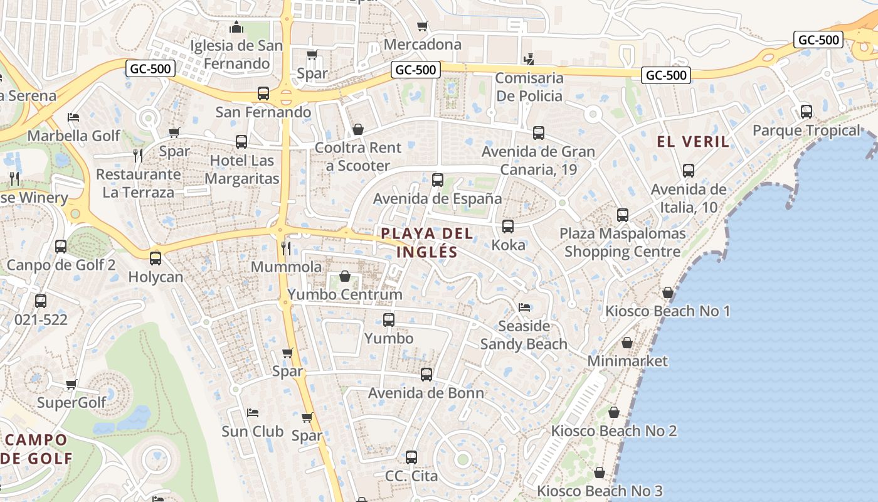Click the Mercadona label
point(422,45)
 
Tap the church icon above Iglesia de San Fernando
point(236,27)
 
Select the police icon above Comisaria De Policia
point(529,60)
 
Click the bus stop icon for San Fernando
point(263,93)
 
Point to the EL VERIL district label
point(693,142)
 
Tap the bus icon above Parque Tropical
point(807,112)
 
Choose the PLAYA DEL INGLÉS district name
point(427,243)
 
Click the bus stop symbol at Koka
point(508,226)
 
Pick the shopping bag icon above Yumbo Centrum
point(344,276)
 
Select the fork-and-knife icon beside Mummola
point(286,248)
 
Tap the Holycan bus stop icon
point(156,258)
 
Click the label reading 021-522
point(41,319)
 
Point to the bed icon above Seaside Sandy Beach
point(524,307)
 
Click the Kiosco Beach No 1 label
point(667,311)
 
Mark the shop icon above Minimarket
point(627,343)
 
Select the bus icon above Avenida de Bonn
point(426,375)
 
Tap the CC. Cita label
point(411,476)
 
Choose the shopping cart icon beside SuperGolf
point(71,384)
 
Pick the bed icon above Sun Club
point(253,412)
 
